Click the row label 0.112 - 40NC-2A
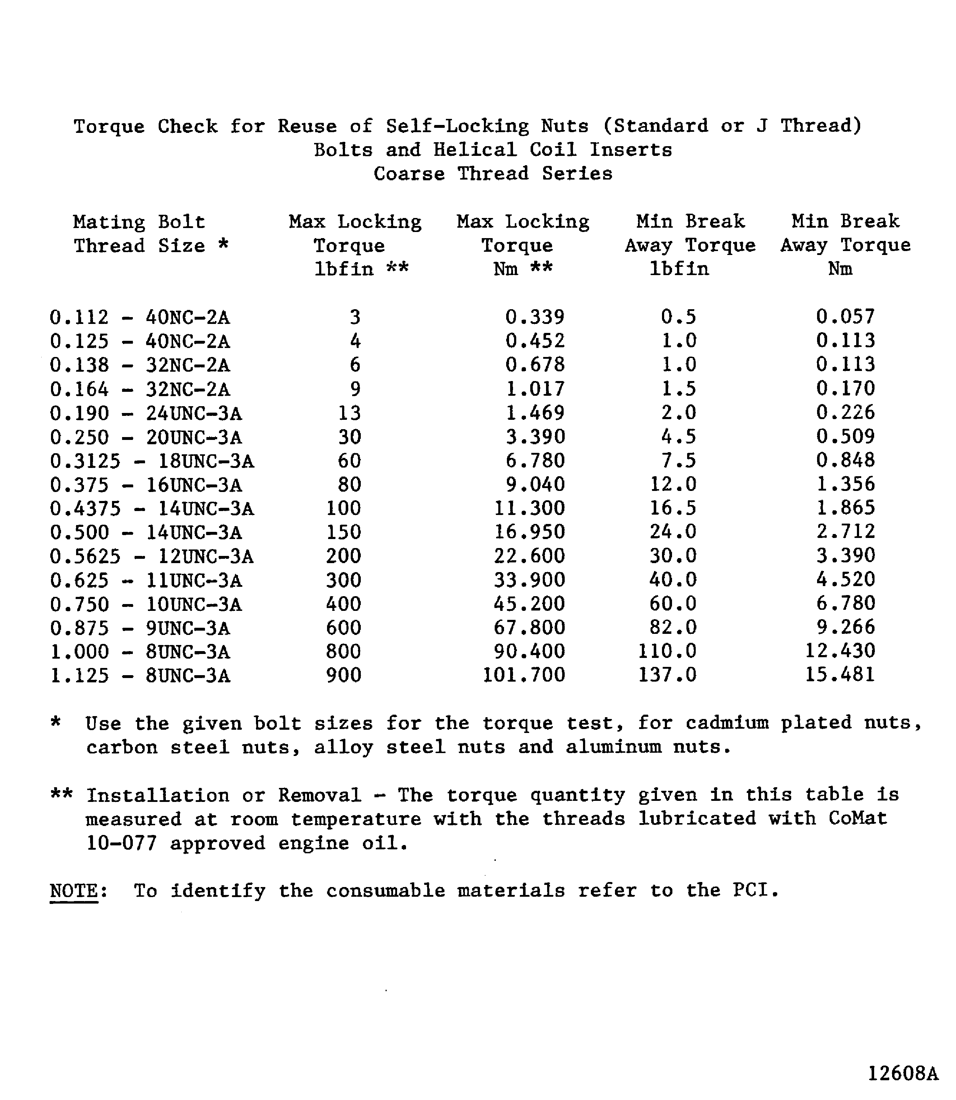pyautogui.click(x=139, y=317)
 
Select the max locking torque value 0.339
pyautogui.click(x=535, y=317)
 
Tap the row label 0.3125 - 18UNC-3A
pyautogui.click(x=152, y=461)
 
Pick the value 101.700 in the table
pyautogui.click(x=523, y=675)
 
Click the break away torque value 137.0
pyautogui.click(x=667, y=675)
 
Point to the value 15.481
pyautogui.click(x=840, y=675)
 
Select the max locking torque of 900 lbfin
pyautogui.click(x=344, y=676)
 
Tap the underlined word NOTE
pyautogui.click(x=74, y=891)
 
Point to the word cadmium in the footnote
pyautogui.click(x=727, y=723)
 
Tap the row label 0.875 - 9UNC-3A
pyautogui.click(x=140, y=628)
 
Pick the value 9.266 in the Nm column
pyautogui.click(x=845, y=627)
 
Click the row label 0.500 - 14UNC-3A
pyautogui.click(x=146, y=533)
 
